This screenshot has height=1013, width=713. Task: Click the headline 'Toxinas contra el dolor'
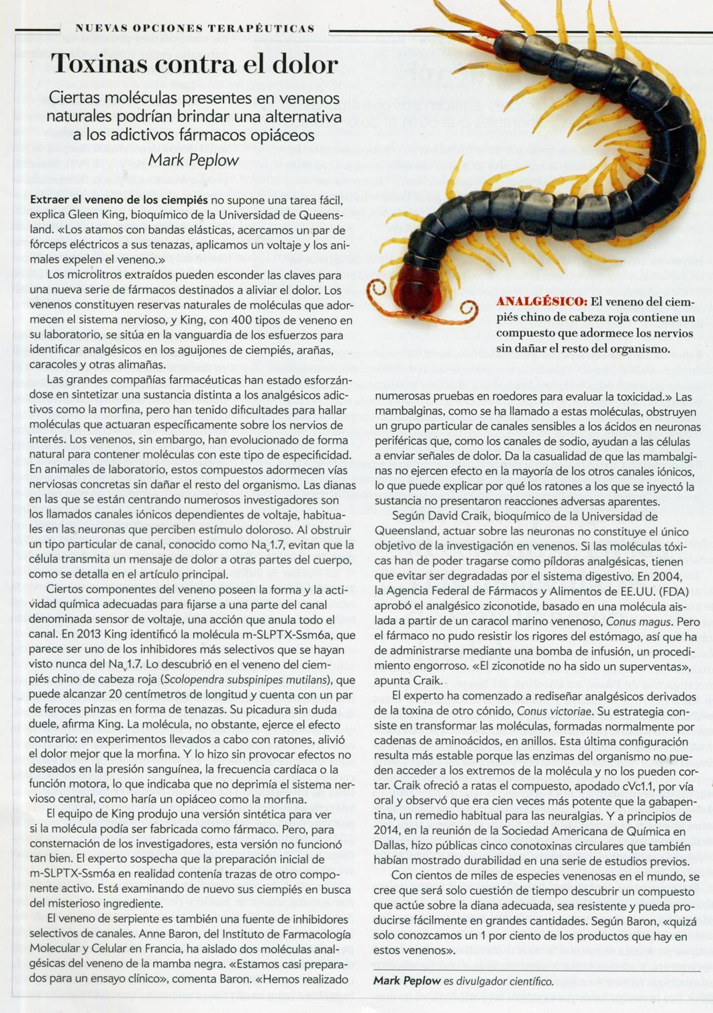pyautogui.click(x=194, y=64)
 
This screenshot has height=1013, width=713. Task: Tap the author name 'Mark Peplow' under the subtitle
pyautogui.click(x=193, y=160)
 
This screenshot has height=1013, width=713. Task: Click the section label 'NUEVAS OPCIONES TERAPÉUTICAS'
pyautogui.click(x=195, y=28)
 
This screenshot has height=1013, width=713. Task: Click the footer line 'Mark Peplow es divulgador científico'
pyautogui.click(x=463, y=981)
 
